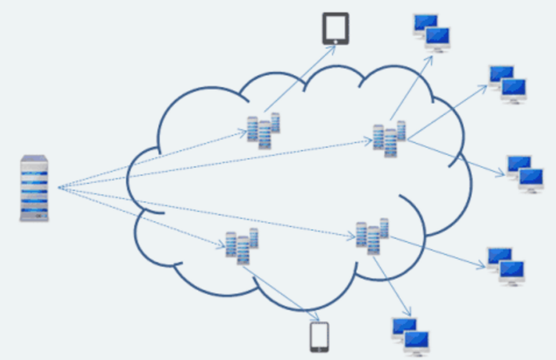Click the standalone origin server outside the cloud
pyautogui.click(x=34, y=188)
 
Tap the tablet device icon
pyautogui.click(x=335, y=28)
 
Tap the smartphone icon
pyautogui.click(x=318, y=337)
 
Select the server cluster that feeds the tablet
pyautogui.click(x=264, y=131)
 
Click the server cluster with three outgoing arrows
pyautogui.click(x=389, y=139)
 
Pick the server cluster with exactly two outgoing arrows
pyautogui.click(x=372, y=235)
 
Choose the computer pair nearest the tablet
pyautogui.click(x=432, y=32)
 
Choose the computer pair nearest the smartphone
pyautogui.click(x=411, y=334)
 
